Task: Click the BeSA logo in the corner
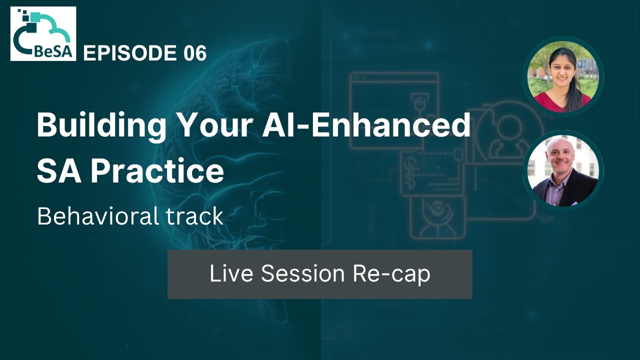(x=43, y=33)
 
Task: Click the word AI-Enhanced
(x=366, y=125)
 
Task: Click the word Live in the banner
(x=231, y=274)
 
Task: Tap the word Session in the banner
(x=303, y=274)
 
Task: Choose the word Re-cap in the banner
(x=391, y=274)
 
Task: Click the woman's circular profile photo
(x=563, y=76)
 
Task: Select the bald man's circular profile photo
(x=563, y=170)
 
